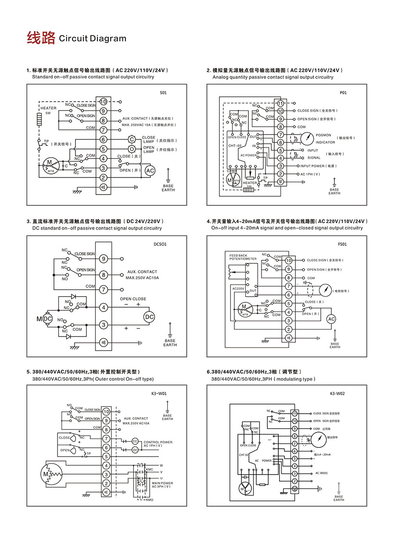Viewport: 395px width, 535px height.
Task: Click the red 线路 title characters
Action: pos(41,38)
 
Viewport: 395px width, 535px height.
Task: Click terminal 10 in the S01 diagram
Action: pos(103,102)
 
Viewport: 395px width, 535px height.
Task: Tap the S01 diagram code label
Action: pos(163,93)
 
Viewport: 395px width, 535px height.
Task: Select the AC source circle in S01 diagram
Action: pos(150,170)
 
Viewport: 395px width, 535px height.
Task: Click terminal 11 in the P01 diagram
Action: pos(281,103)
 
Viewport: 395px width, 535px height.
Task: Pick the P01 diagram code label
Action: pos(343,93)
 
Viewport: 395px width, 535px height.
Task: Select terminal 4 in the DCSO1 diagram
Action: pos(104,307)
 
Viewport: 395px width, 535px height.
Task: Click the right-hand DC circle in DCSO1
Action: pos(150,317)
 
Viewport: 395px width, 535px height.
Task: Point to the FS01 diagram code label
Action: pos(343,244)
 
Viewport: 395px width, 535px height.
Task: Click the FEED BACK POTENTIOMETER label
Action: pos(243,257)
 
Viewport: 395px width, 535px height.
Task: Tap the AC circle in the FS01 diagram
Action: pos(331,319)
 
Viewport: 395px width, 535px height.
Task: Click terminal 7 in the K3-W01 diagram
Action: pos(106,439)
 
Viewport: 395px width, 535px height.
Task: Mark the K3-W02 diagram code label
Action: pos(337,393)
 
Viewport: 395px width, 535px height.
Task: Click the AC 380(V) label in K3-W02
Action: pos(321,473)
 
